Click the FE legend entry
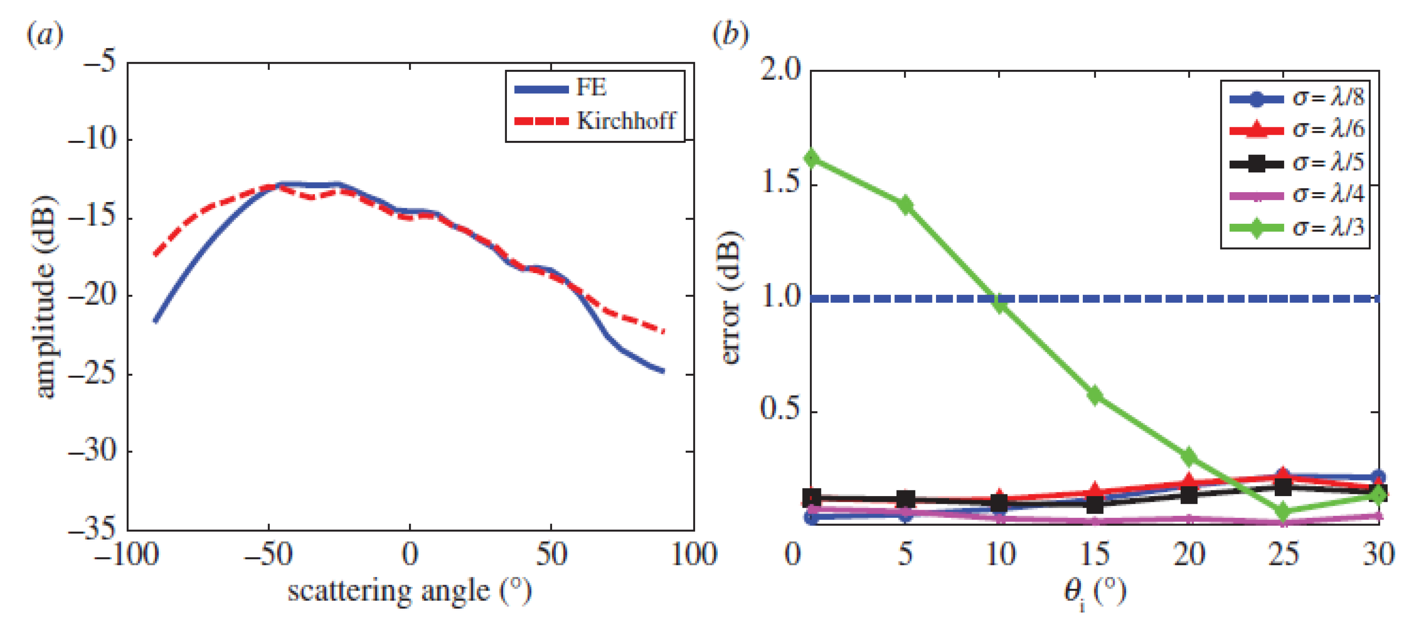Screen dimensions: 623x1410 pyautogui.click(x=590, y=87)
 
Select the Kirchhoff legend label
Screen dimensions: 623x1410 pyautogui.click(x=626, y=121)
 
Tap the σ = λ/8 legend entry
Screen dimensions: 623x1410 pyautogui.click(x=1327, y=98)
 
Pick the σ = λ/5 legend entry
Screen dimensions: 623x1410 pyautogui.click(x=1327, y=163)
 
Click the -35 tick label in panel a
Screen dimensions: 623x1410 pyautogui.click(x=92, y=529)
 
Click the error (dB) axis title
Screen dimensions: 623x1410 pyautogui.click(x=730, y=298)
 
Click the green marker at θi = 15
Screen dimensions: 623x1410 pyautogui.click(x=1095, y=395)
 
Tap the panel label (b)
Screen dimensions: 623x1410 pyautogui.click(x=730, y=34)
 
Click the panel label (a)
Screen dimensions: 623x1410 pyautogui.click(x=44, y=36)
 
